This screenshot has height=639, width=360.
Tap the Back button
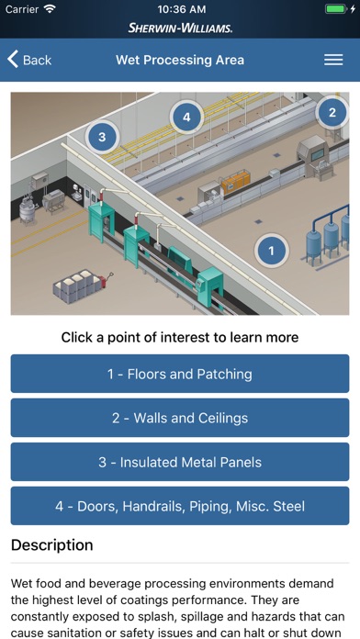point(29,60)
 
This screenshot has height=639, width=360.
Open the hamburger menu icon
point(333,60)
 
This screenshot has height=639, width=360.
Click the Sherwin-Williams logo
point(180,28)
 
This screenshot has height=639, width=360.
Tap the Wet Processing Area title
point(180,60)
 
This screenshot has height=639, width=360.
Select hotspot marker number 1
point(272,251)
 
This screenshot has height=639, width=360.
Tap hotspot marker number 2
point(332,113)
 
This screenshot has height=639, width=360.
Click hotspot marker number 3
point(102,137)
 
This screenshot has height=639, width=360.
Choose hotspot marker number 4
point(186,118)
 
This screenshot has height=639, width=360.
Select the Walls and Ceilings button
point(180,418)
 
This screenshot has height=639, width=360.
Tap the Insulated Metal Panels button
point(180,462)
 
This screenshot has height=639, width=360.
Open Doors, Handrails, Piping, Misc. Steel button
point(180,506)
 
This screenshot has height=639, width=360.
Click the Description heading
point(51,544)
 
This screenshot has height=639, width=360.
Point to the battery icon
point(336,9)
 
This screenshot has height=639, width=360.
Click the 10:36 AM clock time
point(182,9)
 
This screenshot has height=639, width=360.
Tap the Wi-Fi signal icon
point(50,8)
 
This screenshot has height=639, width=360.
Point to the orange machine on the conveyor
point(235,182)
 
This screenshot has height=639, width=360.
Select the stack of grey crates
point(76,286)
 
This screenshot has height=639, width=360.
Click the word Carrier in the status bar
point(22,9)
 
